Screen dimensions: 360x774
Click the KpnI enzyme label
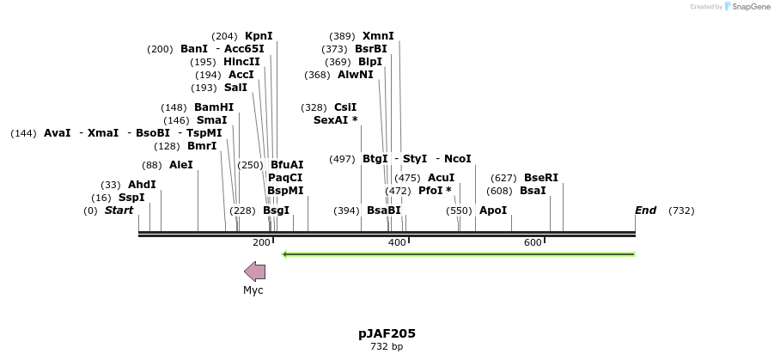(x=259, y=36)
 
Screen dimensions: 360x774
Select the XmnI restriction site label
(x=378, y=36)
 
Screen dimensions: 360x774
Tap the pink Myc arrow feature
(x=254, y=272)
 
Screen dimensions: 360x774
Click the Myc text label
(x=253, y=290)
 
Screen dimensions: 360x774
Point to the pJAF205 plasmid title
(x=387, y=333)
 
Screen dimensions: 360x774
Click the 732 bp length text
(x=387, y=347)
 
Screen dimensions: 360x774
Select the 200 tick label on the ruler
(x=261, y=243)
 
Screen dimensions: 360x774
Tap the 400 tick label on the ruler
(x=397, y=243)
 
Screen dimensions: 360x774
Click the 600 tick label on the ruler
(x=533, y=243)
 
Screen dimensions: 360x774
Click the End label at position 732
(x=645, y=211)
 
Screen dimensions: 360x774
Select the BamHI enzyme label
(x=214, y=107)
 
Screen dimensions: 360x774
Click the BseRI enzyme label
(x=541, y=178)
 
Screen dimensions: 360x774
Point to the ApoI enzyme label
(x=493, y=211)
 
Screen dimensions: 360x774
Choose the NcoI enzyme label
(x=458, y=159)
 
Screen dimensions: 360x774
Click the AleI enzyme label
(x=181, y=165)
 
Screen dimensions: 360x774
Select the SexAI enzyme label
(x=335, y=120)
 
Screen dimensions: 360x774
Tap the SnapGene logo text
(x=747, y=7)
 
